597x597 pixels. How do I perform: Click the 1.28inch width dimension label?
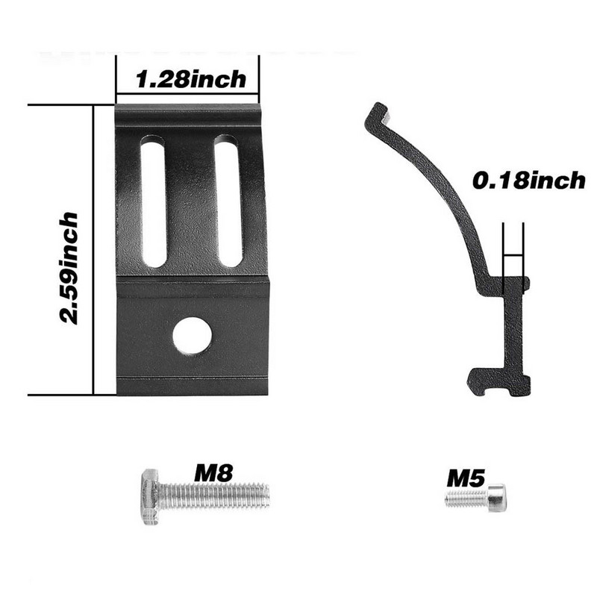[192, 79]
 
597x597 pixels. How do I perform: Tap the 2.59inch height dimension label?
[69, 267]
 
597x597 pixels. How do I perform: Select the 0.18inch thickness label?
[528, 181]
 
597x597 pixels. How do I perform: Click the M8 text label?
[213, 472]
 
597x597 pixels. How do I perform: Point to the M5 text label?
[465, 478]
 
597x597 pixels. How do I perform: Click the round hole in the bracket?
[192, 335]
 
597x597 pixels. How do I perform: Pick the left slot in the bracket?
[153, 201]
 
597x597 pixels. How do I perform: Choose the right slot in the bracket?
[228, 201]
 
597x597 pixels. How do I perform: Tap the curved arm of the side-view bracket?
[440, 187]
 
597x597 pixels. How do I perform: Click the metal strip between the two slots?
[190, 201]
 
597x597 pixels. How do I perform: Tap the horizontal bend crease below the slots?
[192, 279]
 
